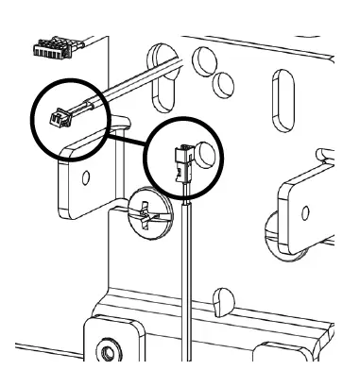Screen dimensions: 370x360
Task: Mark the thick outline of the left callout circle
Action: [34, 117]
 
